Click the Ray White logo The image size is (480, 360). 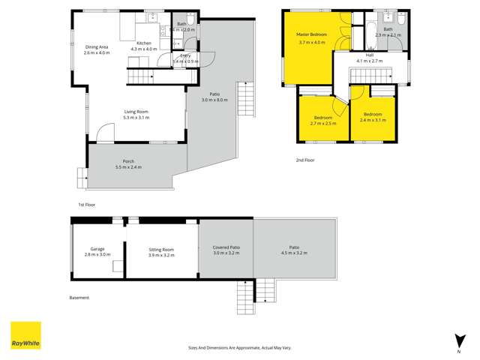click(25, 335)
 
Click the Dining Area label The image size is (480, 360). click(97, 46)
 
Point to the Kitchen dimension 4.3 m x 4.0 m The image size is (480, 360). click(144, 49)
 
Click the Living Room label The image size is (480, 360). click(136, 112)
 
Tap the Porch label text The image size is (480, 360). click(128, 161)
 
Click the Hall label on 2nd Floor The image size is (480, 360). click(370, 55)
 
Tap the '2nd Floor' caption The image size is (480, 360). click(305, 160)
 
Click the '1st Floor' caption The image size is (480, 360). click(87, 204)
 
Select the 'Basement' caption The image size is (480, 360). click(79, 298)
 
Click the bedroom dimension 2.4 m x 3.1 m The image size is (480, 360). click(372, 120)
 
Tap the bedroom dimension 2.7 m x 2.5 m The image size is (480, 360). click(324, 123)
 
